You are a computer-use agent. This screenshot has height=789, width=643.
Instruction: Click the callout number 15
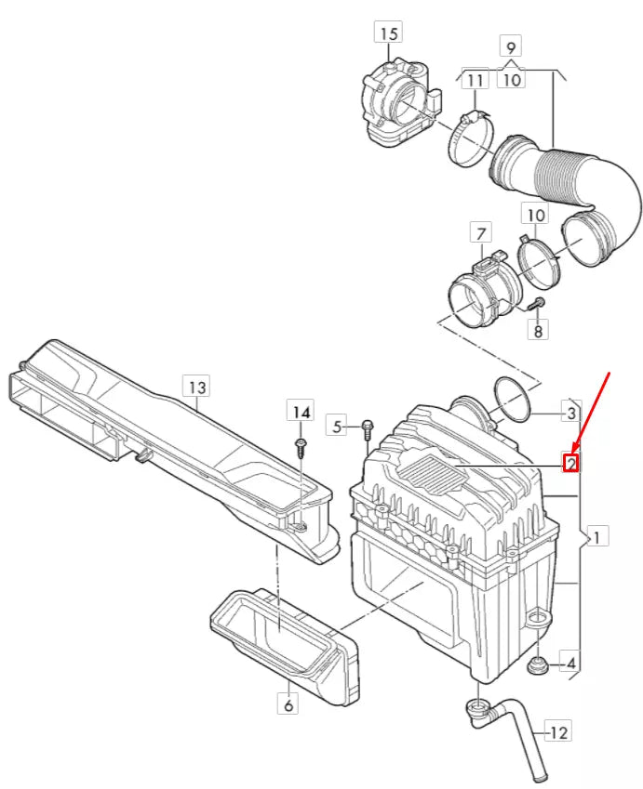(x=388, y=33)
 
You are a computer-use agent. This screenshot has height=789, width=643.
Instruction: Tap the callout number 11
(x=475, y=80)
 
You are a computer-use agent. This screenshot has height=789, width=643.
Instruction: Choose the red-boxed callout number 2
(x=571, y=462)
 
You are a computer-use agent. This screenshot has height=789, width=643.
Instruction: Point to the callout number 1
(x=596, y=535)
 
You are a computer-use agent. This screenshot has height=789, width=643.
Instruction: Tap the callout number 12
(x=558, y=733)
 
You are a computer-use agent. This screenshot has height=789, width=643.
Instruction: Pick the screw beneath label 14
(x=301, y=447)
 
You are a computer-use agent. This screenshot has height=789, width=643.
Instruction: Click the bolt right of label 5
(x=366, y=427)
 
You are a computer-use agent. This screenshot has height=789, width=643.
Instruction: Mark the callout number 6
(x=288, y=705)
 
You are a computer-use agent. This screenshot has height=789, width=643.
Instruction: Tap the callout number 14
(x=300, y=412)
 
